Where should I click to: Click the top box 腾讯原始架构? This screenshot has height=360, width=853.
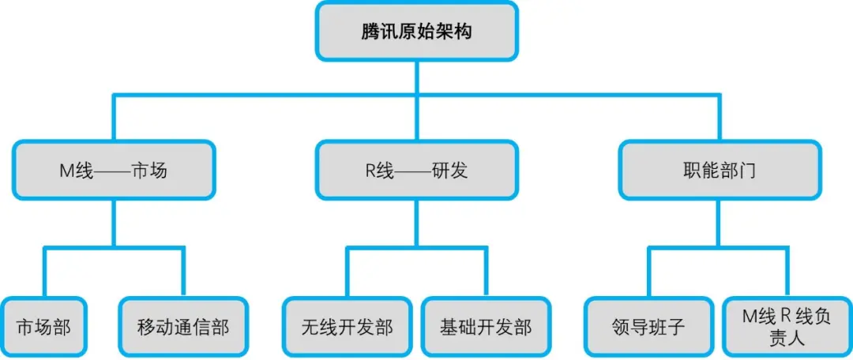(x=417, y=31)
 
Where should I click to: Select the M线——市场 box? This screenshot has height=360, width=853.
(x=114, y=171)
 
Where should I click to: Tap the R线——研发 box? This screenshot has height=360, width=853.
(x=417, y=171)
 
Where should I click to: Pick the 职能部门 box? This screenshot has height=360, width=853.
(x=720, y=171)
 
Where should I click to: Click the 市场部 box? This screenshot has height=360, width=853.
(x=44, y=328)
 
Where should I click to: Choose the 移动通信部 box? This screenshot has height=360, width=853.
(x=183, y=328)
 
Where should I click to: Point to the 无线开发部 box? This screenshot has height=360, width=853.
(x=347, y=328)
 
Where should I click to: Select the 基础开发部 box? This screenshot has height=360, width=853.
(x=487, y=328)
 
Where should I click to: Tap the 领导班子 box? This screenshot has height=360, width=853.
(x=648, y=328)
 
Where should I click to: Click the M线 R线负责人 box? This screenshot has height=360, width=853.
(x=787, y=328)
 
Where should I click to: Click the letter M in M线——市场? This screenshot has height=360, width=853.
(x=66, y=171)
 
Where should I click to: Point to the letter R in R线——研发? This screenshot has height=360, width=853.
(x=370, y=171)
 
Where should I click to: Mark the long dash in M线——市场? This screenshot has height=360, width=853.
(x=112, y=172)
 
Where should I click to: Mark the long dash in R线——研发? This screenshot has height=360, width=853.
(x=413, y=172)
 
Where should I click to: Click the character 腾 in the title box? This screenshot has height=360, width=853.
(x=370, y=32)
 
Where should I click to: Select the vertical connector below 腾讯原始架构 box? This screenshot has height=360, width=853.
(x=417, y=77)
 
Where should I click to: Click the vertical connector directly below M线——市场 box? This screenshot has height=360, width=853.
(x=114, y=223)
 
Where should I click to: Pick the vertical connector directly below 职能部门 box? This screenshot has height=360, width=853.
(x=720, y=223)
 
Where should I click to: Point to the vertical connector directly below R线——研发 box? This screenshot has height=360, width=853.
(x=417, y=223)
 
